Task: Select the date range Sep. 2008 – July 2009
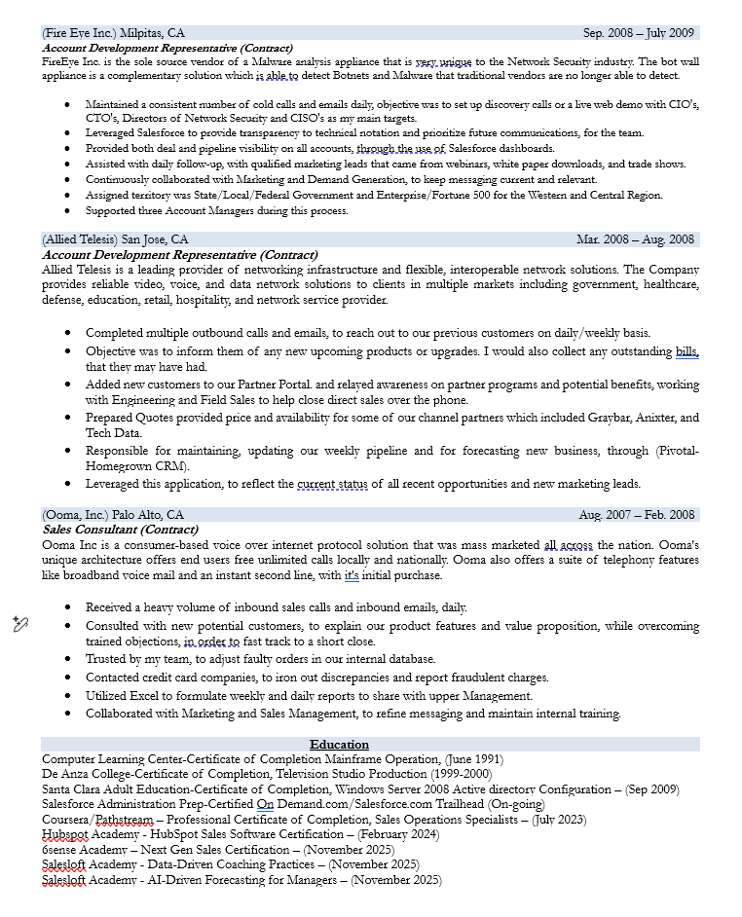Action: pos(638,33)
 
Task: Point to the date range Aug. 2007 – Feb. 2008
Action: pos(637,515)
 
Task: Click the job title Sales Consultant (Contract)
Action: pos(121,530)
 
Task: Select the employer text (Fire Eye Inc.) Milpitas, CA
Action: pos(113,33)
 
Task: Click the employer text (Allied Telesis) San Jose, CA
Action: pos(115,239)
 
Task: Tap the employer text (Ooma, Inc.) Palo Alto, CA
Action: pos(113,515)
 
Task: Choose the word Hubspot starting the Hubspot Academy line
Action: pos(65,834)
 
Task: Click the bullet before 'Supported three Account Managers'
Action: pos(66,210)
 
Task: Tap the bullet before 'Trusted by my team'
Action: pos(66,659)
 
